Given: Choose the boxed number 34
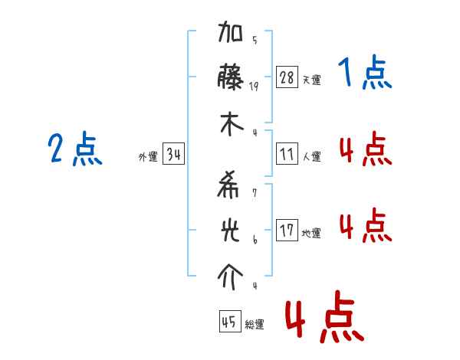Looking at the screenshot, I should pos(173,155).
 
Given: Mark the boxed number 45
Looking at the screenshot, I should pos(229,322).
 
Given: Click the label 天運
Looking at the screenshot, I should pos(311,80).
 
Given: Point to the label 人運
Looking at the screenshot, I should pos(311,156).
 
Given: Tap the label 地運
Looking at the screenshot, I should pos(311,233).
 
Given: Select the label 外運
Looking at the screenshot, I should pos(148,157).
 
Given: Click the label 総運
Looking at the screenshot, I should pos(254,325).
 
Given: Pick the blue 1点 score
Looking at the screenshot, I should pos(365,74).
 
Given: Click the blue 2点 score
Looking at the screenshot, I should pos(75,149).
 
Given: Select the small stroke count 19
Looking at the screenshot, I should pos(254,87).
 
